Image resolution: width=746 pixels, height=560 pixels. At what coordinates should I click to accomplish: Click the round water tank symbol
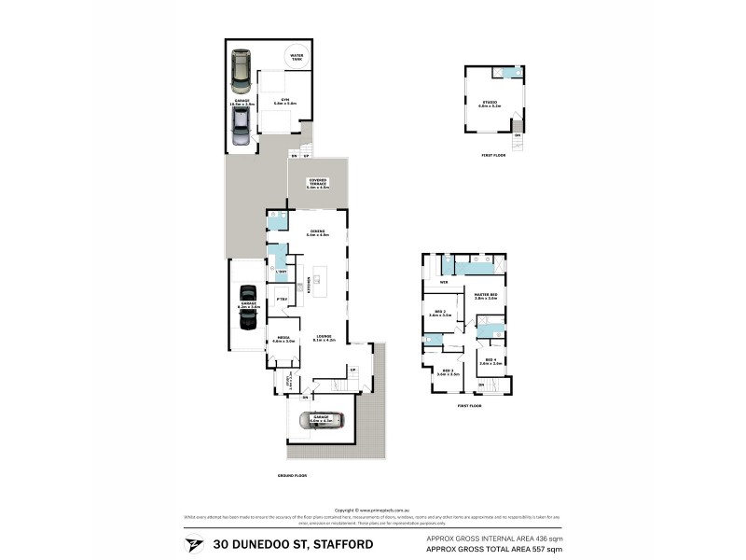click(x=297, y=54)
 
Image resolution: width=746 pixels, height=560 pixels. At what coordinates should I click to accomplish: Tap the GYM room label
click(x=284, y=100)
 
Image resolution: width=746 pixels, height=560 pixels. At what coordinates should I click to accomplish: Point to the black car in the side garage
click(x=248, y=306)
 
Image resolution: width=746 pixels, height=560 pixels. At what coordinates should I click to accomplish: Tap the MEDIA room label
click(x=283, y=340)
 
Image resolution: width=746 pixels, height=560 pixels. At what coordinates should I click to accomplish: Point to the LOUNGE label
click(x=324, y=337)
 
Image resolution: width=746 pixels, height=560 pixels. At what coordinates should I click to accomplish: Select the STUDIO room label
click(x=490, y=103)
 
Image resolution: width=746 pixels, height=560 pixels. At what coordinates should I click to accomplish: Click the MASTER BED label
click(x=486, y=297)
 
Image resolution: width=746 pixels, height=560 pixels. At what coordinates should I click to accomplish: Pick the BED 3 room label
click(x=448, y=371)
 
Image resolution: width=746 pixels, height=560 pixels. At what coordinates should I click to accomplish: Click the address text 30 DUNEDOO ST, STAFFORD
click(x=293, y=543)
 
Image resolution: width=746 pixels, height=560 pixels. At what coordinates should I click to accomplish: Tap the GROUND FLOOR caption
click(x=292, y=475)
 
